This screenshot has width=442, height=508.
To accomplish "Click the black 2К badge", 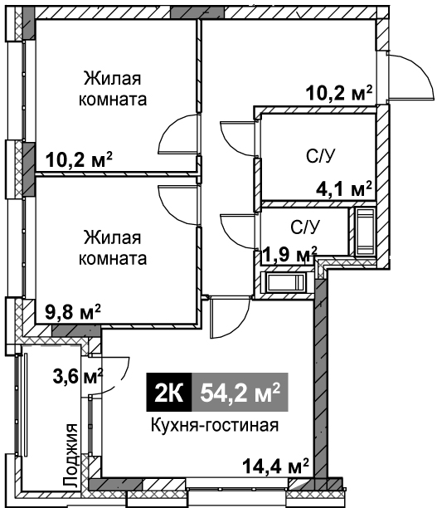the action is coord(169,392).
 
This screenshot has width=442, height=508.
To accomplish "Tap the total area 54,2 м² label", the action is coord(240,393).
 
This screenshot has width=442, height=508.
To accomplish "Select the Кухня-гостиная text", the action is coord(215,425).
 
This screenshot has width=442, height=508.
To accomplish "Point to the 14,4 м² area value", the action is coord(275,466).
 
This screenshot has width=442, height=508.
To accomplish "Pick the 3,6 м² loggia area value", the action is coord(78,376).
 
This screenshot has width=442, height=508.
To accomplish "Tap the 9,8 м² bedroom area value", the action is coord(73,312).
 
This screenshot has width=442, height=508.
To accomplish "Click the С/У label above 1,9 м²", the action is coord(305,227).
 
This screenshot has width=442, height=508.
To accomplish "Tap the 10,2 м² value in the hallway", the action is coord(339,93).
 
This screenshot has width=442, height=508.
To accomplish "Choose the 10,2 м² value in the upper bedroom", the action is coord(79,159).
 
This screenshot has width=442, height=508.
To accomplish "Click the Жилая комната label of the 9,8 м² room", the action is coord(113,248).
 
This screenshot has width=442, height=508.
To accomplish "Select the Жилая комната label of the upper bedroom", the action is coord(113,89).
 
